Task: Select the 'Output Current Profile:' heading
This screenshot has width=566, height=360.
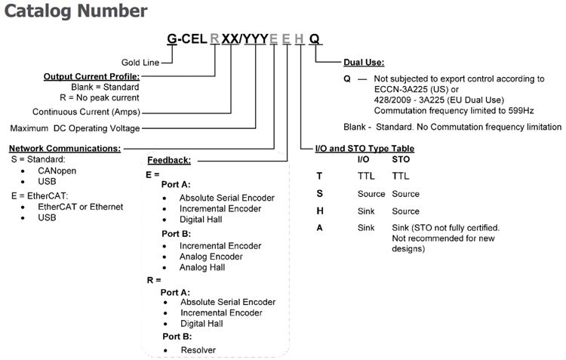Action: tap(91, 76)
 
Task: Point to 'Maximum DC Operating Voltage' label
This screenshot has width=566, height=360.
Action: tap(74, 128)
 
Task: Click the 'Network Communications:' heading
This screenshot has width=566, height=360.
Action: tap(64, 149)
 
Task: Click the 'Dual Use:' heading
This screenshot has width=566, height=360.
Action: tap(365, 63)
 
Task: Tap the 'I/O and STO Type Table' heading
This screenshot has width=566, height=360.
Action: tap(365, 149)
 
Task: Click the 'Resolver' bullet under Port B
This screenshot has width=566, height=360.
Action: tap(198, 349)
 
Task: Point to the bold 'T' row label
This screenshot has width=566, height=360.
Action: tap(319, 174)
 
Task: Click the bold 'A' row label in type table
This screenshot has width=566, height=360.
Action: tap(319, 227)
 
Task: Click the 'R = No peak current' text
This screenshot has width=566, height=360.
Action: tap(97, 97)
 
